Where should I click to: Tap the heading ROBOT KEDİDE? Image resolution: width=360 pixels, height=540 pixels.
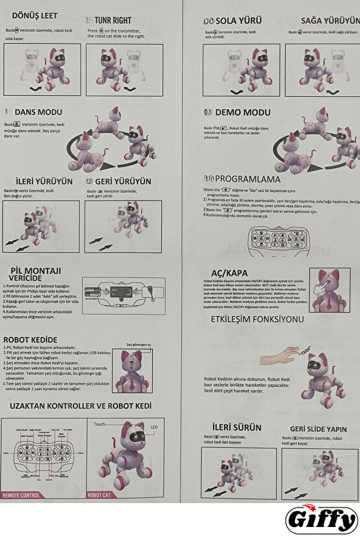[30, 339]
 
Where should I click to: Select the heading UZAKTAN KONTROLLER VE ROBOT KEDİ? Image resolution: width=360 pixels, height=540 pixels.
[80, 406]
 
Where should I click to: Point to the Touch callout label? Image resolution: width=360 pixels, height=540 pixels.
[99, 424]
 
